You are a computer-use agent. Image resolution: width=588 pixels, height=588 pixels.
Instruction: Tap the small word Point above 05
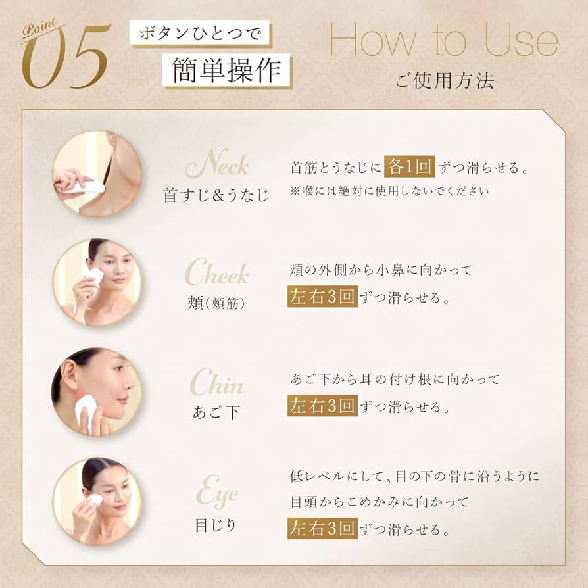37,32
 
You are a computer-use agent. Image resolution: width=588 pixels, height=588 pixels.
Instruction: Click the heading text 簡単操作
228,69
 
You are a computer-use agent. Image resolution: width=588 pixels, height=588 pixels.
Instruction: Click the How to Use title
443,41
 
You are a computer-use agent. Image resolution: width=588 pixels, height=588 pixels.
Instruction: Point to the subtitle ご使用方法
445,81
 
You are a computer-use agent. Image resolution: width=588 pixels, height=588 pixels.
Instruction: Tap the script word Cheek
216,274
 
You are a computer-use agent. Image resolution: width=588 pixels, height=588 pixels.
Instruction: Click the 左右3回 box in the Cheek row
322,297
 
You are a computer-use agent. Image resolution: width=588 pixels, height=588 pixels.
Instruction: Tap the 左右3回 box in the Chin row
322,404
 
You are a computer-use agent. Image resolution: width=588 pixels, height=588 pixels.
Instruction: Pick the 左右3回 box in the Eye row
322,527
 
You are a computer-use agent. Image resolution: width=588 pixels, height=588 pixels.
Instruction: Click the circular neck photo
96,173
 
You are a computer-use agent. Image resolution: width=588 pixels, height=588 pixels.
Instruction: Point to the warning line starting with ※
389,191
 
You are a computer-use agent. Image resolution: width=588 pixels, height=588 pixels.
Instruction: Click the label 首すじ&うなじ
216,195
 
